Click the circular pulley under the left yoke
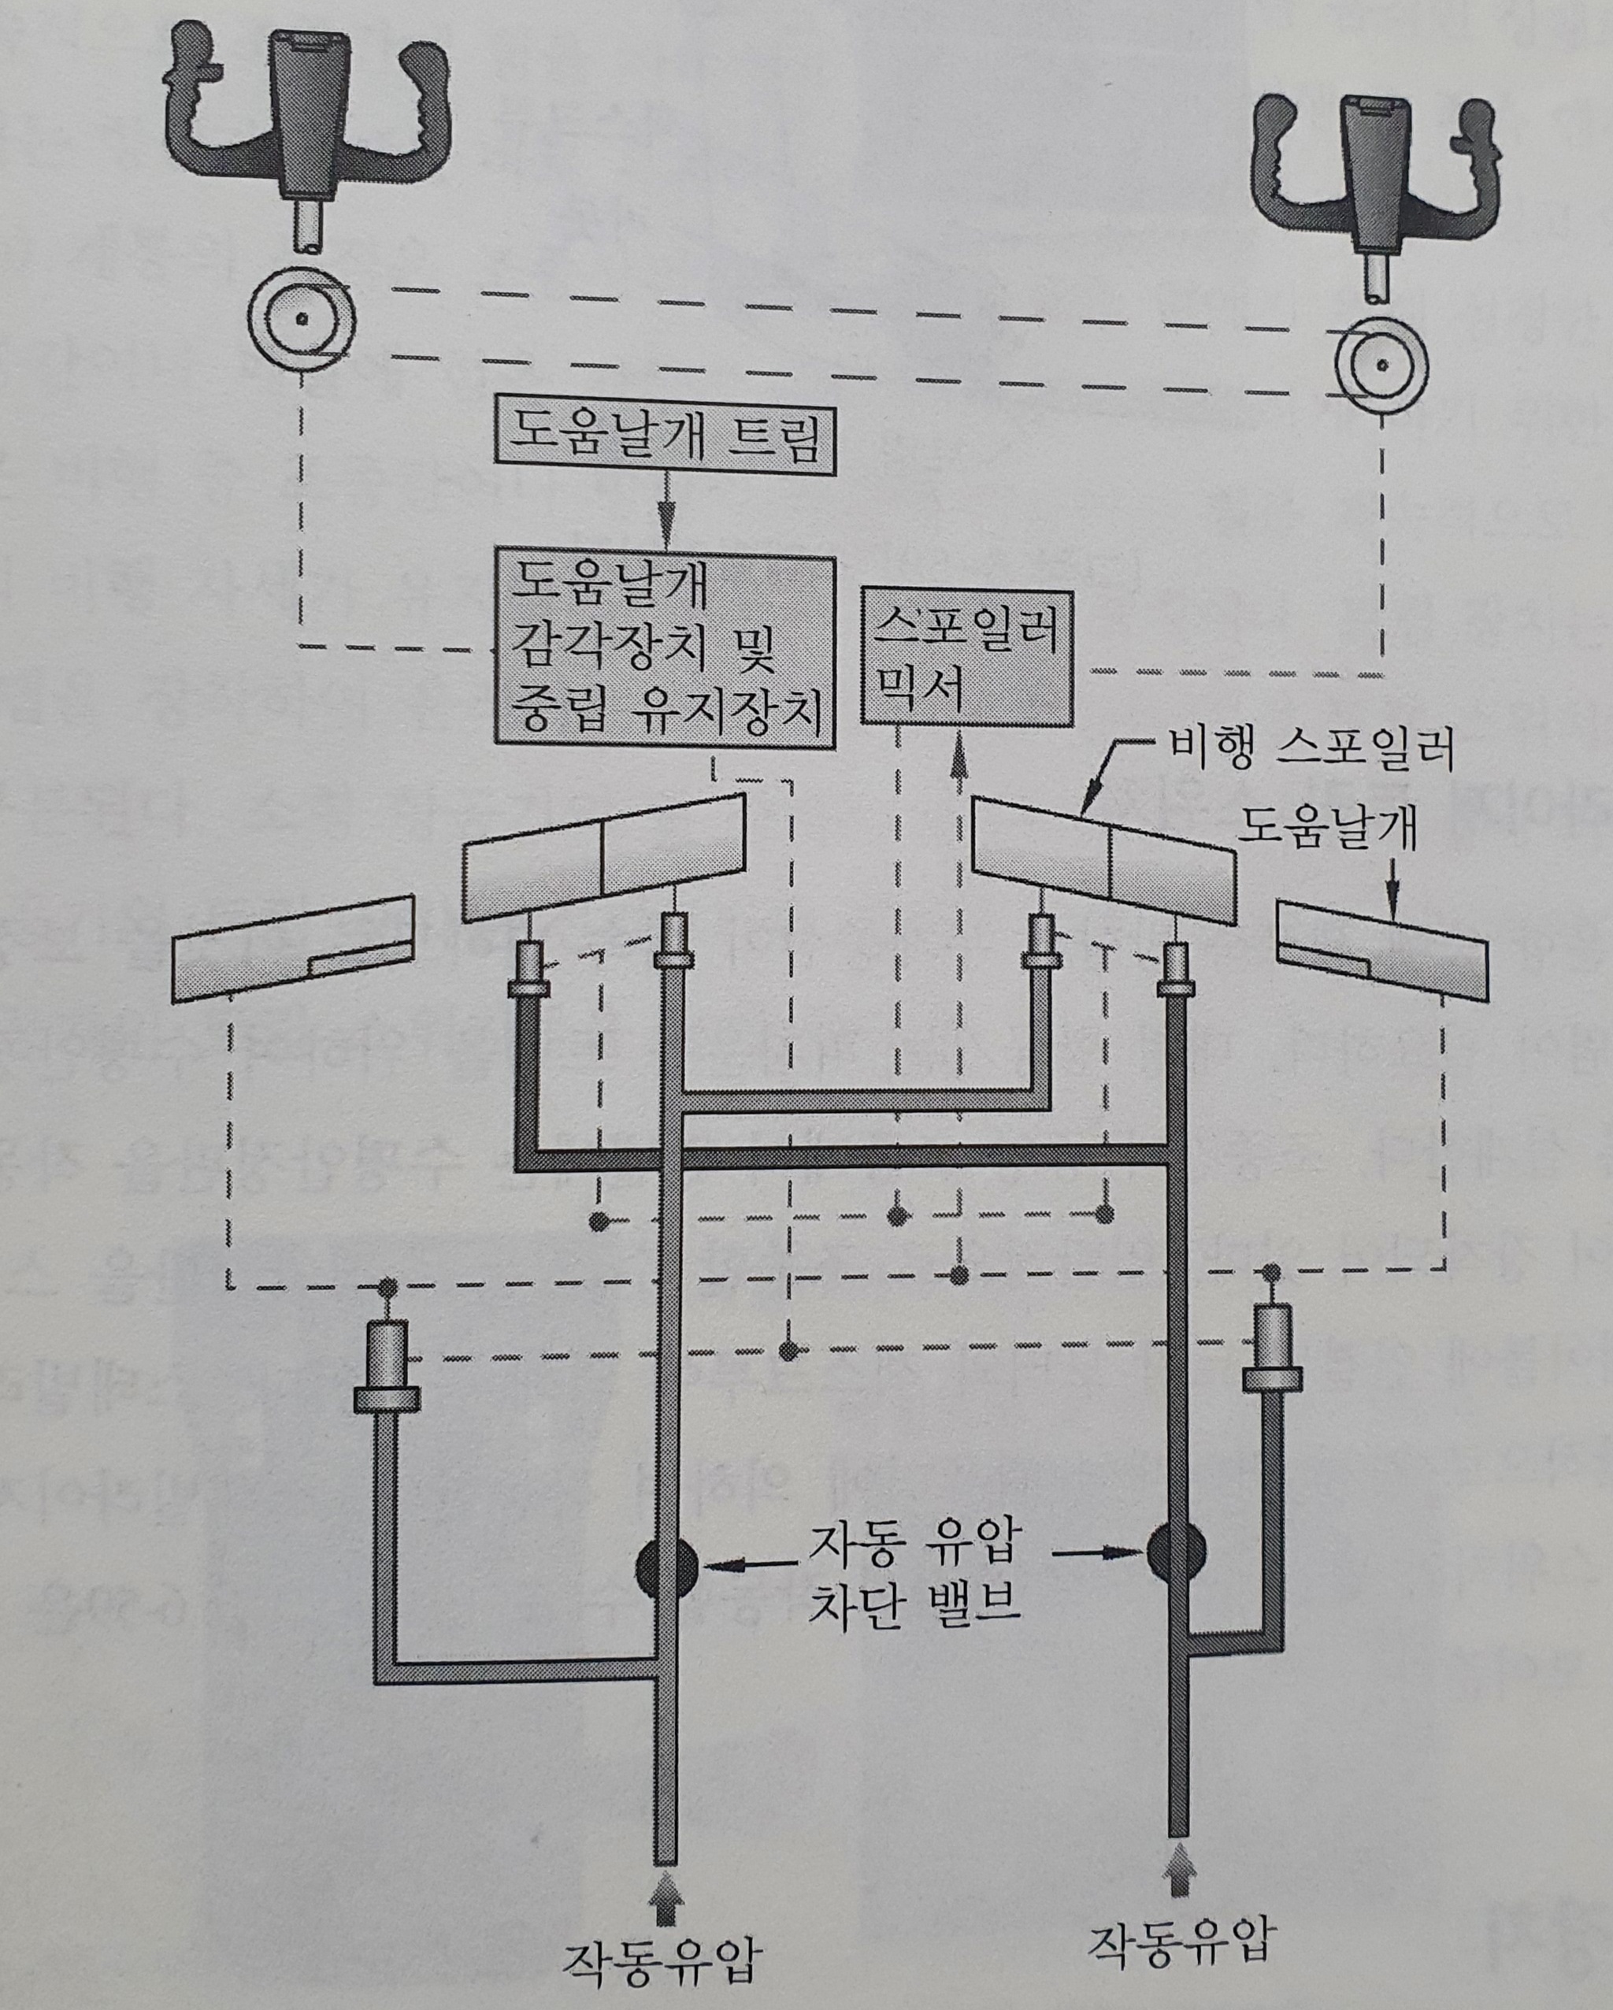coord(301,319)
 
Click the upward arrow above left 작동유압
coord(664,1887)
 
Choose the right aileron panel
coord(1384,949)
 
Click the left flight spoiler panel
coord(604,858)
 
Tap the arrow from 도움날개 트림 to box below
coord(665,514)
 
